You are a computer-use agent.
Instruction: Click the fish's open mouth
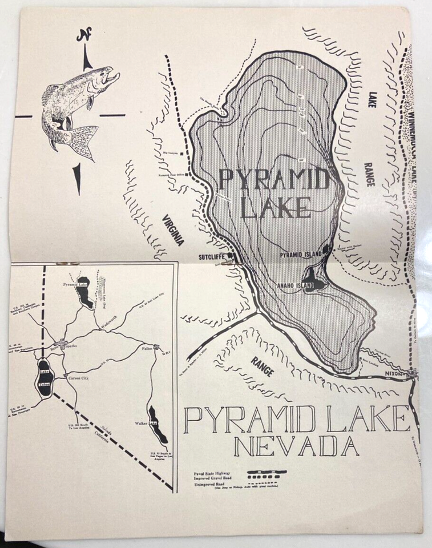(x=115, y=75)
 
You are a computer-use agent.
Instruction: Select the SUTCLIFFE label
(x=209, y=256)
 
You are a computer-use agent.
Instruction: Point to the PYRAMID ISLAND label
(x=298, y=255)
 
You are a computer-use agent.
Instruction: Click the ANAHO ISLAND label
(x=295, y=285)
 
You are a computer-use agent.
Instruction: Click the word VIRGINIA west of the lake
(x=172, y=230)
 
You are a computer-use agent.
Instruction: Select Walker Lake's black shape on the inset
(x=158, y=425)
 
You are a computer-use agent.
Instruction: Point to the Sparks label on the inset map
(x=71, y=346)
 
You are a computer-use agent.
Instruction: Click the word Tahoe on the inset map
(x=45, y=383)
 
